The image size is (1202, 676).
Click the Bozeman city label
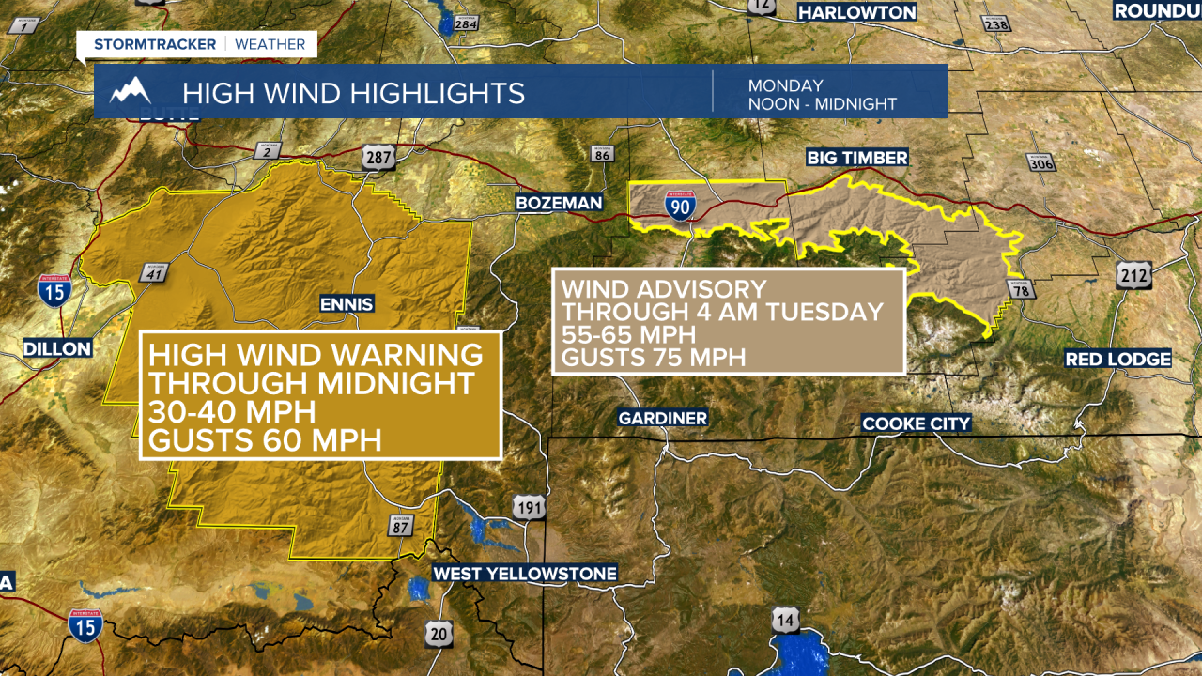click(559, 203)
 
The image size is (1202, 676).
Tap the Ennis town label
click(347, 303)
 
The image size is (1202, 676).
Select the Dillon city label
click(58, 348)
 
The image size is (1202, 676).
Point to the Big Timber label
click(857, 158)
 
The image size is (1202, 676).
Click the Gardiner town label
click(663, 418)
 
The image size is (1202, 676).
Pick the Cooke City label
click(917, 423)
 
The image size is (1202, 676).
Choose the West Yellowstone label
click(525, 573)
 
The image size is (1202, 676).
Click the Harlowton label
click(857, 12)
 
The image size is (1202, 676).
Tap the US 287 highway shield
click(379, 158)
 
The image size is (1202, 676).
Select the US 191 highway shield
click(530, 508)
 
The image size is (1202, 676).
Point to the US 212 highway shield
click(1129, 275)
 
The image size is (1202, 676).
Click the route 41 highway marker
click(152, 272)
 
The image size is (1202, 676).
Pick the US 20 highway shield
click(439, 634)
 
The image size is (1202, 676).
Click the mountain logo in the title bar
click(131, 91)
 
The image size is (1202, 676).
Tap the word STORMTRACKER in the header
click(155, 44)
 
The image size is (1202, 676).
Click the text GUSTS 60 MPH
click(265, 438)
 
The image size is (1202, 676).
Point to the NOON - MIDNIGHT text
click(822, 104)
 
